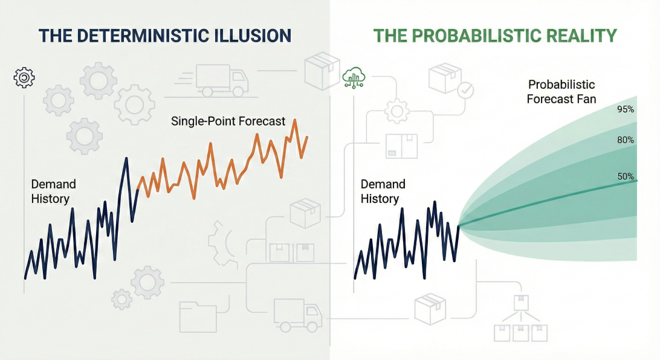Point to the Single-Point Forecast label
click(228, 121)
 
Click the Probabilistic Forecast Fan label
click(561, 92)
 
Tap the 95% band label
click(626, 109)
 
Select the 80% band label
click(626, 140)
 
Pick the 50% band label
click(626, 176)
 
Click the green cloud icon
click(354, 78)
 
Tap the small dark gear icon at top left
click(24, 77)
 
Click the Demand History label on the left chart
click(53, 191)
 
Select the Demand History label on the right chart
click(383, 191)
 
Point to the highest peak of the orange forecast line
click(295, 120)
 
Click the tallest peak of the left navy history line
click(126, 158)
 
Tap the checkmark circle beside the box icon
click(465, 90)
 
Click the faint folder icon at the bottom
click(198, 317)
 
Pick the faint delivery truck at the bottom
click(297, 315)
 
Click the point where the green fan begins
click(459, 227)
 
